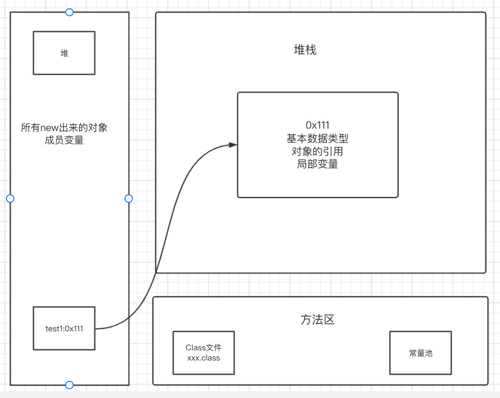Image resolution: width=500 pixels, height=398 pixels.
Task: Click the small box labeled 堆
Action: [64, 53]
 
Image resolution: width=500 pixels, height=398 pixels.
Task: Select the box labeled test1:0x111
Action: [64, 328]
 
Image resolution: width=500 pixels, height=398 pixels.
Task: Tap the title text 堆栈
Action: [305, 50]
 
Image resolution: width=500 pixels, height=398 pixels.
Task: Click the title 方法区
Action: [317, 319]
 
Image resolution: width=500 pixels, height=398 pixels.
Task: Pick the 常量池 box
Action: [420, 353]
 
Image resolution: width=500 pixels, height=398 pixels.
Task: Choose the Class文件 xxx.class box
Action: [203, 353]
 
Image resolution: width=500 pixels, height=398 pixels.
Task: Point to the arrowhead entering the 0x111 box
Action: [233, 145]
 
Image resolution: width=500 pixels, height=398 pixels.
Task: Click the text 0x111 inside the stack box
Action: [318, 125]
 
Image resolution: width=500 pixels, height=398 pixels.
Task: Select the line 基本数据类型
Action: [318, 138]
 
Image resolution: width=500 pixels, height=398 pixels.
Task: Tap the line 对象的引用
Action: [318, 151]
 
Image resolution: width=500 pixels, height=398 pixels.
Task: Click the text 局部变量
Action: [318, 164]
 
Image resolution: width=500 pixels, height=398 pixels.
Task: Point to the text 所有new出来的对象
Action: [64, 127]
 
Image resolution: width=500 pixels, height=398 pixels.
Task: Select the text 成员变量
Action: [64, 140]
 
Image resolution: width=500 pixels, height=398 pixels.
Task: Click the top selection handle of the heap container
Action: [69, 12]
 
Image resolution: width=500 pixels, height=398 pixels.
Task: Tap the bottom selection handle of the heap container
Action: [69, 385]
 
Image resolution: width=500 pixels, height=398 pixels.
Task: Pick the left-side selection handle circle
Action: [10, 199]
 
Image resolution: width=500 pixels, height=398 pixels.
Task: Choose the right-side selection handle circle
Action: [129, 199]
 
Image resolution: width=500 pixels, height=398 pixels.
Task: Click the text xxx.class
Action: [204, 358]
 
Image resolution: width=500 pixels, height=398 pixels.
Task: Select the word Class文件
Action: [204, 348]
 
